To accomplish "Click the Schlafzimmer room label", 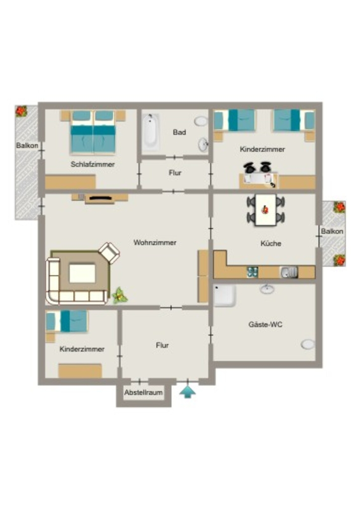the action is [92, 164].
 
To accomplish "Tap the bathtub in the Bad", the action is [151, 132].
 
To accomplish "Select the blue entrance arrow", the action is [187, 392].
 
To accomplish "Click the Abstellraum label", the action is [144, 393].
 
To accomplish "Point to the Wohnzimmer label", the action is [155, 243].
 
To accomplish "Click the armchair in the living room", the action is [109, 253].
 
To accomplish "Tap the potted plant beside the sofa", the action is [119, 295].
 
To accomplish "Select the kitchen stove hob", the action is [253, 272].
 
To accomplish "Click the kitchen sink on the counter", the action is [288, 272].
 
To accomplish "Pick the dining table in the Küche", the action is [266, 210].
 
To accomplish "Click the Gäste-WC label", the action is [265, 324].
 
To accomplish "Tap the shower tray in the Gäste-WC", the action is [225, 296].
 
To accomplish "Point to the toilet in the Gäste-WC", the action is [307, 344].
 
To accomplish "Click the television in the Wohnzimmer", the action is [100, 198].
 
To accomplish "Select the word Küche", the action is [270, 244].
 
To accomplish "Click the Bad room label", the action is [180, 132].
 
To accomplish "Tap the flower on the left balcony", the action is [21, 111].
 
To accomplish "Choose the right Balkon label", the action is [332, 231].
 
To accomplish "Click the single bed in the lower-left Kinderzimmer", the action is [67, 322].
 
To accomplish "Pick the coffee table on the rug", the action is [83, 273].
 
